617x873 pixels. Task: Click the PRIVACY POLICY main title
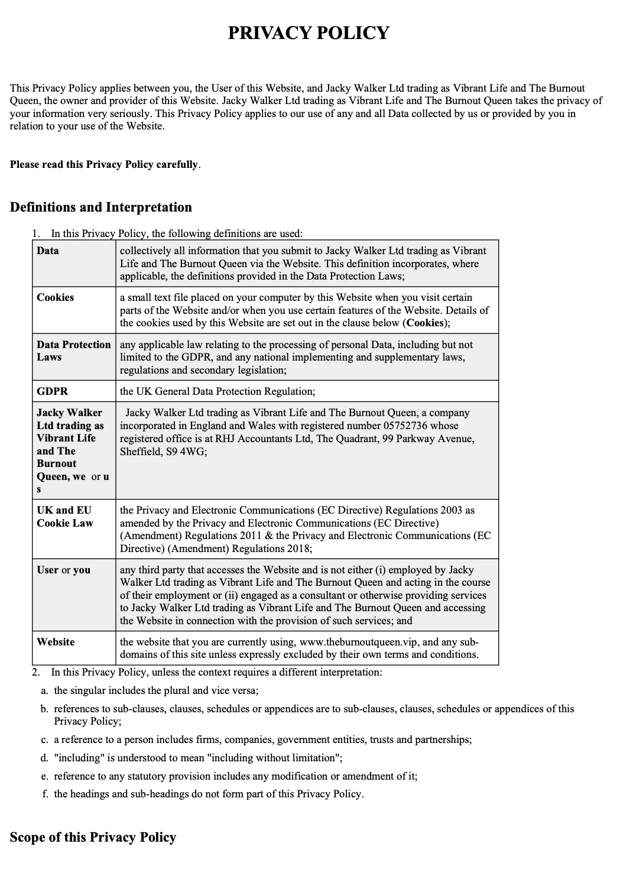[308, 33]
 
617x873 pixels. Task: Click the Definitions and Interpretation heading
[101, 207]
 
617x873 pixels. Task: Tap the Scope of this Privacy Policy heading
[93, 838]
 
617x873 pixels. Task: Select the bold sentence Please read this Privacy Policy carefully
[105, 165]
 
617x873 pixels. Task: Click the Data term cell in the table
[48, 251]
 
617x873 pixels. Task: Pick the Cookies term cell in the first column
[55, 297]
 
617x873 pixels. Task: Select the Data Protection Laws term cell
[73, 351]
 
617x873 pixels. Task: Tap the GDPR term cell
[52, 391]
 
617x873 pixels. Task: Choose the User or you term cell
[63, 570]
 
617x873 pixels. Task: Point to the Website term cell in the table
[56, 642]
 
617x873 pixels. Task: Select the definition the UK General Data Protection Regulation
[217, 391]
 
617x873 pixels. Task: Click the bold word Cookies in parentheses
[425, 323]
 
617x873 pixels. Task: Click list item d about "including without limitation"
[197, 758]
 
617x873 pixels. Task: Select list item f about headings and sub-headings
[209, 794]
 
